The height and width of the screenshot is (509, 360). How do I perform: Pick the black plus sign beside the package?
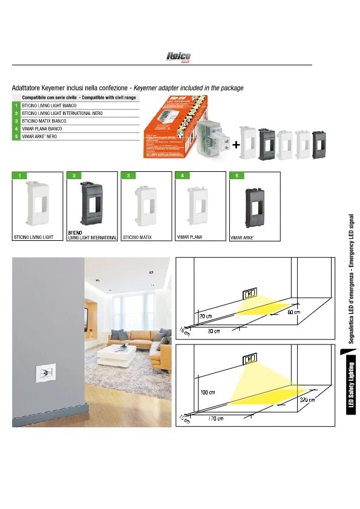click(236, 145)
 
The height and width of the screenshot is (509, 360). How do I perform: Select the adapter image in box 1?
click(38, 206)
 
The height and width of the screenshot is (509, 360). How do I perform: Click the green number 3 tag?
click(129, 176)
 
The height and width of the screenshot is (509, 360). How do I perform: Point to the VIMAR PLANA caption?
click(189, 238)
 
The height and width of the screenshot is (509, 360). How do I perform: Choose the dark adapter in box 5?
click(253, 207)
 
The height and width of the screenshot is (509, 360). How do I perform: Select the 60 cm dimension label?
click(294, 312)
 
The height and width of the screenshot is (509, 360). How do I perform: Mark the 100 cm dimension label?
click(208, 393)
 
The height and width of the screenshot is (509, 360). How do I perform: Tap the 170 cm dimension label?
click(217, 419)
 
